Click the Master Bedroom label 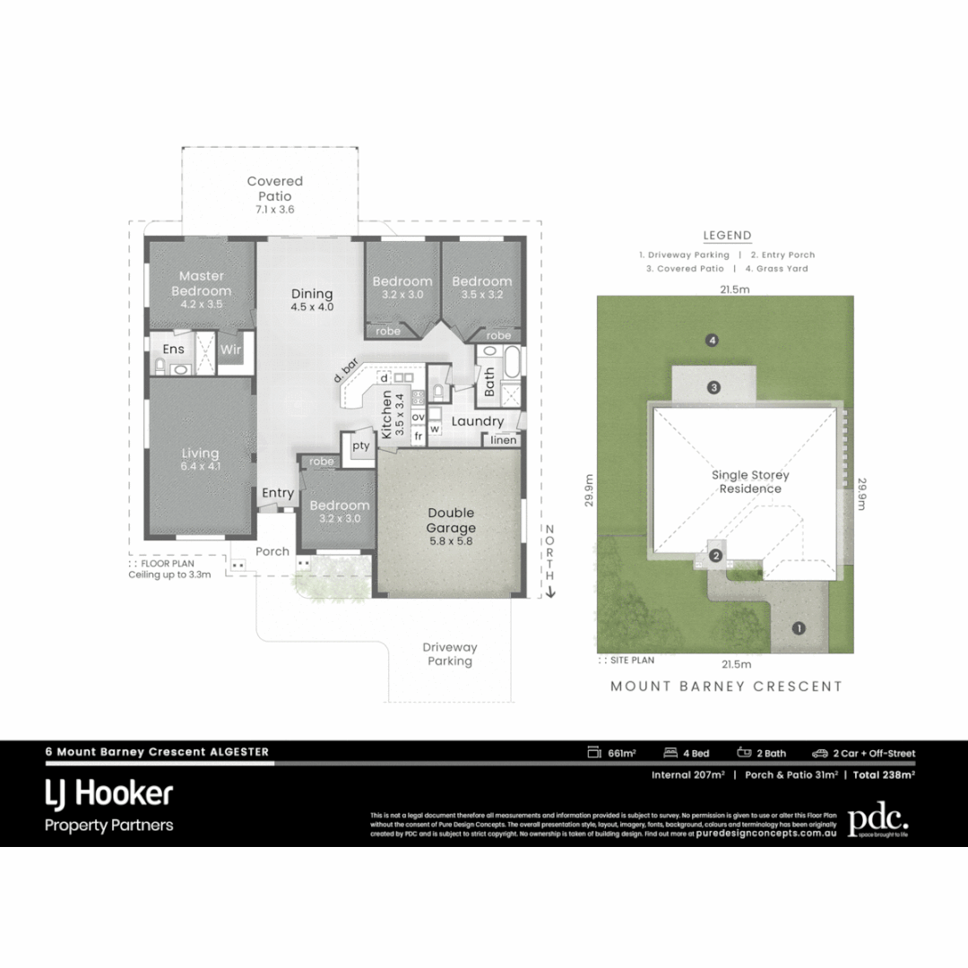click(201, 283)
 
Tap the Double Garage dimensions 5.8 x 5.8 click(450, 541)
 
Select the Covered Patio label click(274, 188)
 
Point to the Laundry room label click(477, 421)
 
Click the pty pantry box click(361, 445)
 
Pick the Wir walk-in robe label click(230, 350)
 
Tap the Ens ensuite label click(172, 350)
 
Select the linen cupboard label click(502, 440)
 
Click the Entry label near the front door click(278, 493)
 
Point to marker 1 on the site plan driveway click(799, 628)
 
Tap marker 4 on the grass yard click(713, 341)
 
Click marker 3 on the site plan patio click(713, 388)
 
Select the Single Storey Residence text click(750, 481)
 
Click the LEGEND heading click(727, 236)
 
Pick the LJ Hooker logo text click(108, 793)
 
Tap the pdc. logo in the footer click(877, 818)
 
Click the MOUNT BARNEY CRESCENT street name click(726, 687)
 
